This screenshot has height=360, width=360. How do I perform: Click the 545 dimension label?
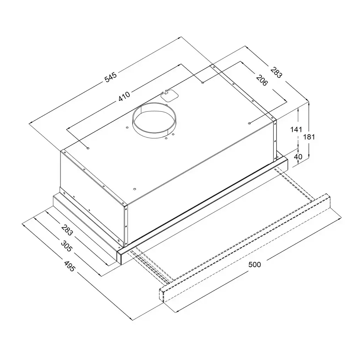pyautogui.click(x=111, y=77)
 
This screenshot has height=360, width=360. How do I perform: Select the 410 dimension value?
pyautogui.click(x=124, y=96)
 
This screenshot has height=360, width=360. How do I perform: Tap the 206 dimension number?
pyautogui.click(x=262, y=80)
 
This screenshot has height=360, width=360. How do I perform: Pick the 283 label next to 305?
pyautogui.click(x=67, y=230)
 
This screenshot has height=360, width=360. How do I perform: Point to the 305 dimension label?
pyautogui.click(x=66, y=246)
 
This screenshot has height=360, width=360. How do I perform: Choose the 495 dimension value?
pyautogui.click(x=69, y=266)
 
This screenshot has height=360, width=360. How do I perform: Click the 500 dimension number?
pyautogui.click(x=255, y=265)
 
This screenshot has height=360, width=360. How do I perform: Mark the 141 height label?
pyautogui.click(x=296, y=129)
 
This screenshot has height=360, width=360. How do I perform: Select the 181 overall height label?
pyautogui.click(x=309, y=137)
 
